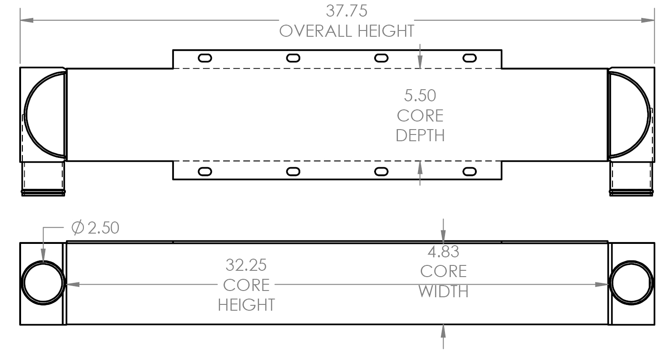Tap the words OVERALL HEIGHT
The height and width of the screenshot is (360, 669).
tap(346, 31)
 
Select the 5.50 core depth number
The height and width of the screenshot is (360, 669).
tap(420, 95)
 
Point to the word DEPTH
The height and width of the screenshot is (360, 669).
tap(420, 135)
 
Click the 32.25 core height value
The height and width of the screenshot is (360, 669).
tap(246, 265)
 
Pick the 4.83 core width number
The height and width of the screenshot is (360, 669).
tap(443, 252)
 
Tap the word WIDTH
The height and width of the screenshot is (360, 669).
tap(443, 291)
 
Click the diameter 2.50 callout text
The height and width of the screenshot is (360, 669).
tap(95, 228)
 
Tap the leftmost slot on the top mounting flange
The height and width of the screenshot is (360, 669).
tap(205, 57)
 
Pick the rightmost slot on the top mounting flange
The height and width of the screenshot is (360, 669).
tap(470, 57)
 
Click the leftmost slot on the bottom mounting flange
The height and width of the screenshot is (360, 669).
tap(205, 172)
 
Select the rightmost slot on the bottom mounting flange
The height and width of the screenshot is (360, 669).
tap(470, 172)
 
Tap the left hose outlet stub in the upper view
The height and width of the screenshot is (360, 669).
tap(43, 178)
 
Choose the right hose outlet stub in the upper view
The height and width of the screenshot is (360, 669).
tap(631, 178)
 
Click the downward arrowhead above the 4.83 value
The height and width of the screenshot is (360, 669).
tap(443, 237)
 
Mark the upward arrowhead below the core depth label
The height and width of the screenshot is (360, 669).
tap(420, 167)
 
